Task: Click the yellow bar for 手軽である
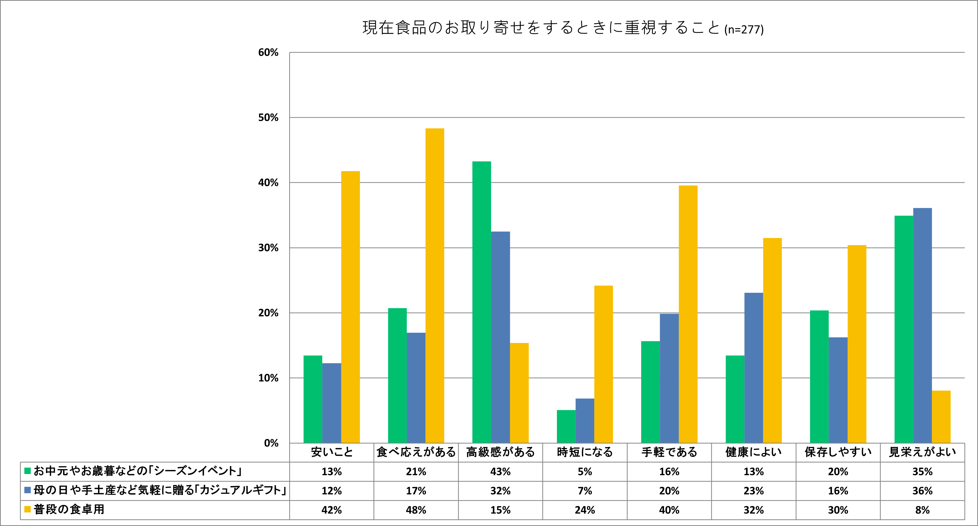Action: pos(688,314)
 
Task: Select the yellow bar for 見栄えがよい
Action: pos(941,416)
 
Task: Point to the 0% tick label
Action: pos(271,443)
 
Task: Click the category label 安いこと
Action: pos(331,452)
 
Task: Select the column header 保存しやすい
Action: pos(838,452)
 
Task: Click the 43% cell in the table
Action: pos(500,471)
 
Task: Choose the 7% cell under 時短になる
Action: pos(585,491)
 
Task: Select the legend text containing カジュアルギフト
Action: pos(159,490)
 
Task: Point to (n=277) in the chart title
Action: pos(744,29)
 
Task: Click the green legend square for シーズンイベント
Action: pos(27,471)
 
